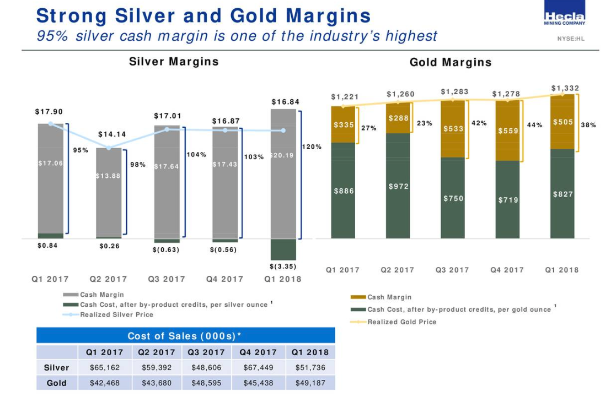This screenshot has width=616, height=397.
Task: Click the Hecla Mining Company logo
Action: coord(564,19)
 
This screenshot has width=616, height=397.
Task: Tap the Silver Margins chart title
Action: coord(174,62)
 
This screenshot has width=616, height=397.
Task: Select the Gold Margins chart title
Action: coord(450,62)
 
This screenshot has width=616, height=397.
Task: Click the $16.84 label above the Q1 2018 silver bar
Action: coord(285,102)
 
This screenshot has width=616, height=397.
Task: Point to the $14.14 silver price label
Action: coord(112,134)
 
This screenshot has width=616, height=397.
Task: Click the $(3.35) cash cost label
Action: coord(283,267)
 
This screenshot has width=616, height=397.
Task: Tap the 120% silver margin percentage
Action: coord(312,147)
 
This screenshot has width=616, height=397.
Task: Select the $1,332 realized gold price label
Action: coord(565,88)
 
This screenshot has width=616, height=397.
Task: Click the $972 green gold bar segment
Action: coord(398,187)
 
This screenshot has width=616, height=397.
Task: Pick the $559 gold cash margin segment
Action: coord(508,132)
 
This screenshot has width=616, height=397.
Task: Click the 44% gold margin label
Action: coord(534,125)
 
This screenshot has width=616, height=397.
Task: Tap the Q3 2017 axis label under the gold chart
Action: coord(452,270)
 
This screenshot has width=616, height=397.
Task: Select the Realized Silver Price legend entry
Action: coord(116,315)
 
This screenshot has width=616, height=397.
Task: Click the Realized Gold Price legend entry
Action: coord(401,322)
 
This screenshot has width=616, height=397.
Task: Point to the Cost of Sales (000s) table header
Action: coord(185,336)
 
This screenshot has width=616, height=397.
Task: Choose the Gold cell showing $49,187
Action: coord(309,383)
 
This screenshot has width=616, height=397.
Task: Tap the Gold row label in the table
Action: coord(56,383)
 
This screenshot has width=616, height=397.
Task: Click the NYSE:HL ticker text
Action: coord(570,39)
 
